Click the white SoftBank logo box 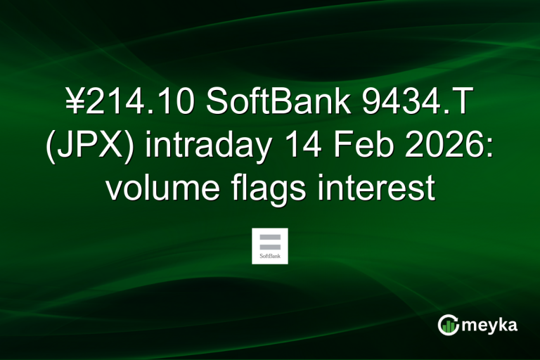[269, 245]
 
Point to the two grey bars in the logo [269, 242]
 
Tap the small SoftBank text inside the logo [269, 257]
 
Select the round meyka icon [449, 325]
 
